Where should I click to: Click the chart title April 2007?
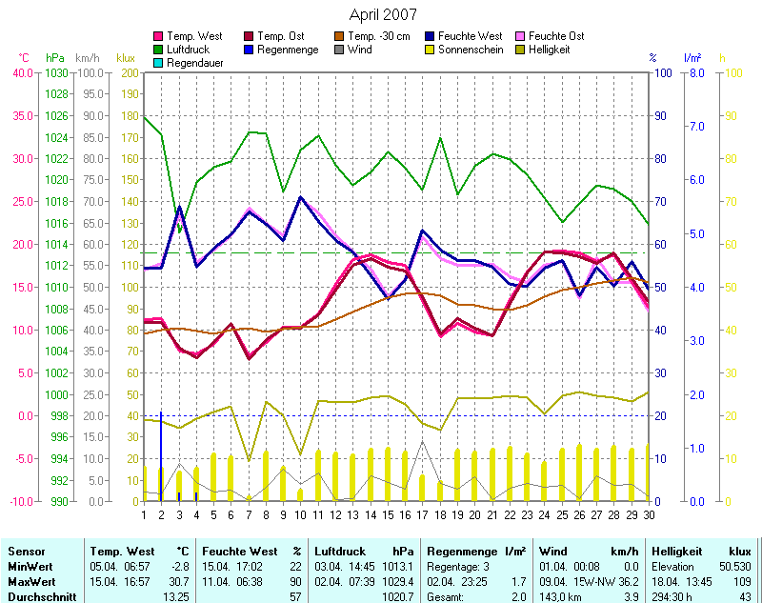coord(381,13)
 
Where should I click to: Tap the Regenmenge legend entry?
coord(288,49)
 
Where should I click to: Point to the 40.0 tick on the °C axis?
coord(21,72)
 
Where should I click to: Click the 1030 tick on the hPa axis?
coord(56,72)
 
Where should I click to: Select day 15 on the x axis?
coord(388,514)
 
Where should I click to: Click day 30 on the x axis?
coord(649,514)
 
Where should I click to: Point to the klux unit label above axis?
coord(126,58)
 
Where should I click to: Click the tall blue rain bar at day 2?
coord(161,457)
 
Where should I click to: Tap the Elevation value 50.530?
coord(732,566)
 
